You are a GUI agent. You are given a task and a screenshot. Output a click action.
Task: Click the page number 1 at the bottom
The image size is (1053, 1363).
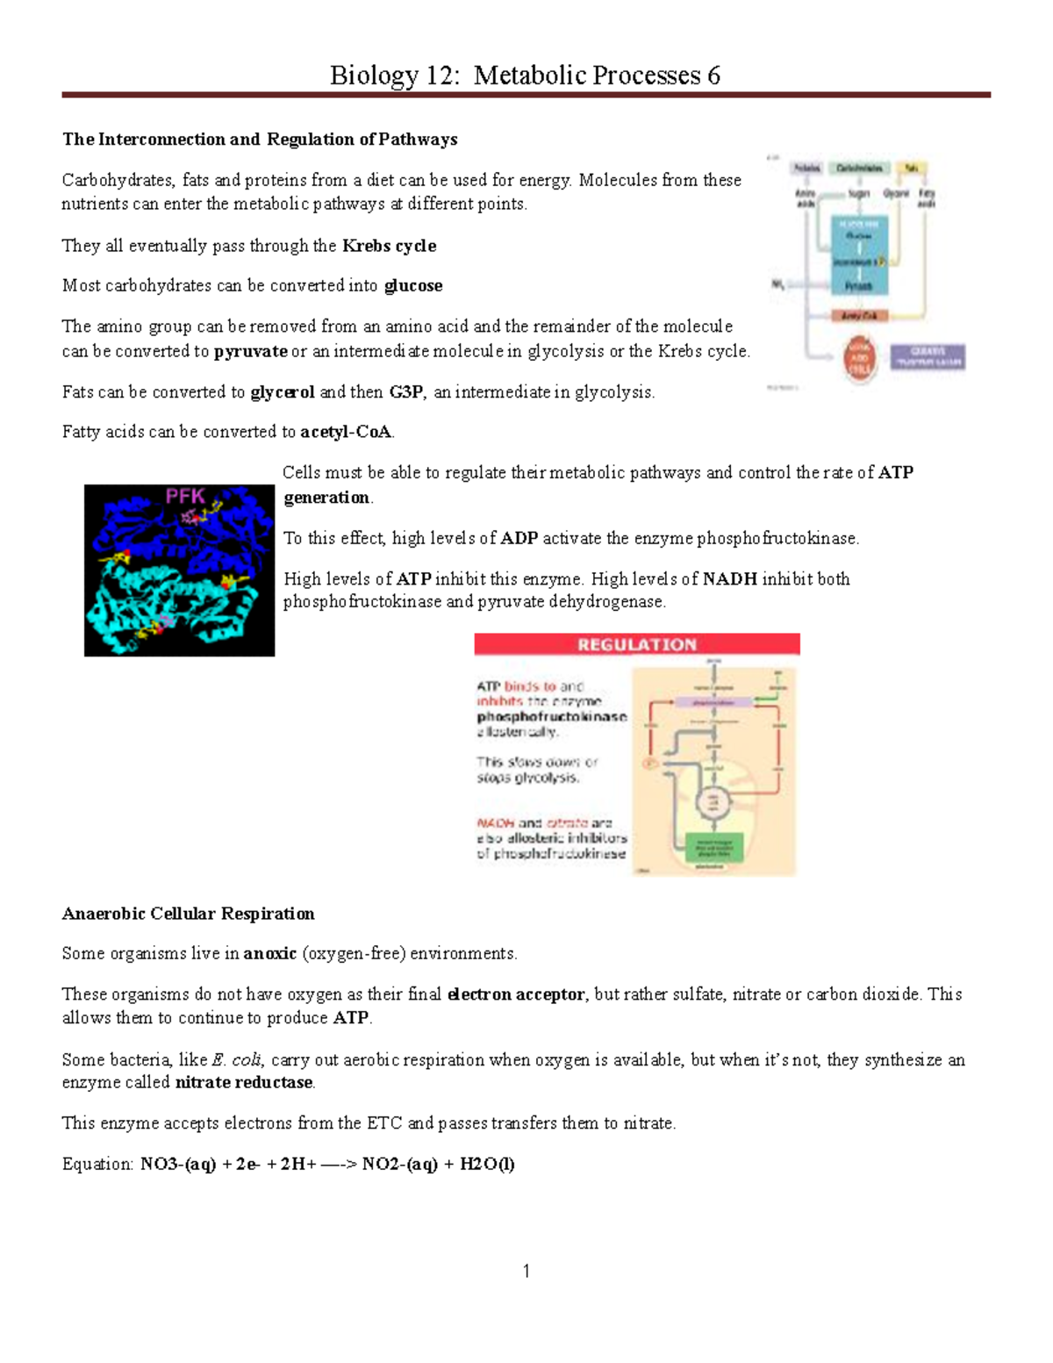click(526, 1271)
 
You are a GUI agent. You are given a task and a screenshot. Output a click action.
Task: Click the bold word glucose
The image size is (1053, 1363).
click(413, 286)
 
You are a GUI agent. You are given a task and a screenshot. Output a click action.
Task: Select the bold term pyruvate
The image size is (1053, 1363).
click(251, 351)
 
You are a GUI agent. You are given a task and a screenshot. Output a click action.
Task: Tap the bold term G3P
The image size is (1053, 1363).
click(406, 392)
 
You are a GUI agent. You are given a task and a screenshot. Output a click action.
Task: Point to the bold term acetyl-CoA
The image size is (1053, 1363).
click(347, 432)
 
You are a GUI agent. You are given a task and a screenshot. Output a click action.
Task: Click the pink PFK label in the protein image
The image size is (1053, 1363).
click(186, 499)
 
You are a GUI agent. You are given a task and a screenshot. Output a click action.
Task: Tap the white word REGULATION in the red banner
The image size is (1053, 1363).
click(636, 645)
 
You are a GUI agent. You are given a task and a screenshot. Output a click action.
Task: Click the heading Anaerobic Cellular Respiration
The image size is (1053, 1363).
click(188, 914)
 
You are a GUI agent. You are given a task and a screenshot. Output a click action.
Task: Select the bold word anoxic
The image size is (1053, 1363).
click(270, 954)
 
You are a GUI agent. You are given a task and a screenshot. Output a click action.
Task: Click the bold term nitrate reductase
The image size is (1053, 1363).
click(244, 1082)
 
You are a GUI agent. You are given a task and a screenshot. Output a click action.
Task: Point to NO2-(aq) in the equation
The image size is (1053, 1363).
click(399, 1165)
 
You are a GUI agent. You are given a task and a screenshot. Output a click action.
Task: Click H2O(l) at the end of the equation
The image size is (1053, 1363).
click(487, 1165)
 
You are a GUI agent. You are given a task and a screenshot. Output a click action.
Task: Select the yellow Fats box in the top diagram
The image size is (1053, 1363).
click(913, 168)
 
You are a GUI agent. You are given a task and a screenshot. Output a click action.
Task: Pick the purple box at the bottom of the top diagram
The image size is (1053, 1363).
click(928, 356)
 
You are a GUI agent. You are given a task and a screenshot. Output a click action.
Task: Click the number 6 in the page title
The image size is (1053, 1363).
click(713, 75)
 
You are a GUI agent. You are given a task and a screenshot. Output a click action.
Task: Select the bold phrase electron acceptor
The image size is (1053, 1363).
click(516, 994)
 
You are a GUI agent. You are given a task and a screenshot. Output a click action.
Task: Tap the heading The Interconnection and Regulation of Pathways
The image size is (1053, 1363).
click(260, 140)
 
